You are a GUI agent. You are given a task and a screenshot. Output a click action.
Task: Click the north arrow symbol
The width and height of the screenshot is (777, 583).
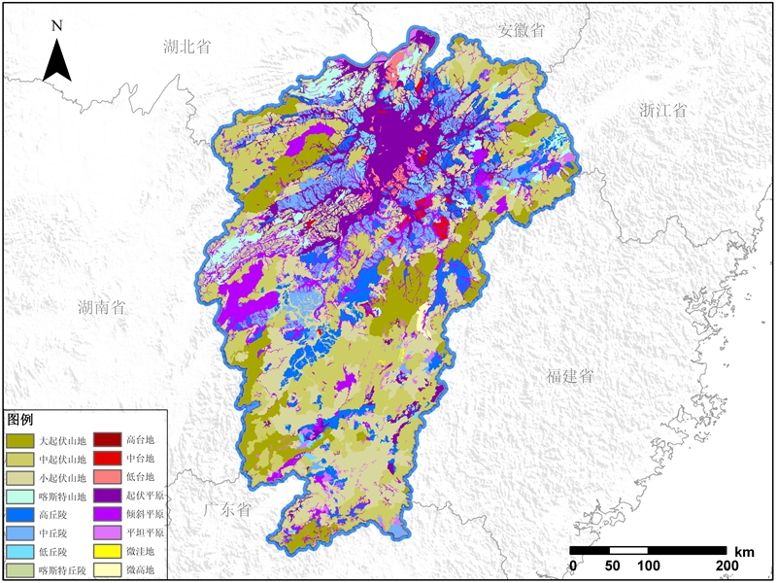click(57, 61)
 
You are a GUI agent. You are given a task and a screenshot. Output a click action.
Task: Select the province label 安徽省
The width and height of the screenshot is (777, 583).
click(522, 30)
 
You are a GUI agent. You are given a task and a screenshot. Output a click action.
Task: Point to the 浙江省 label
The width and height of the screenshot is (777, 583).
click(663, 110)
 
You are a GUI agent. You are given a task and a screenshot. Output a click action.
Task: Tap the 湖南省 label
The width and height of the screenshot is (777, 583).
click(103, 308)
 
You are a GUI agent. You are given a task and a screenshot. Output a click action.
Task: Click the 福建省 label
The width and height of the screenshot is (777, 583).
click(569, 376)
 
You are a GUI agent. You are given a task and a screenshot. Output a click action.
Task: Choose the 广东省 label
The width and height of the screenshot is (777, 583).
click(227, 509)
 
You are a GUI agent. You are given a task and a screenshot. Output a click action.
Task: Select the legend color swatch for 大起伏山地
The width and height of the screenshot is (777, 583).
click(20, 440)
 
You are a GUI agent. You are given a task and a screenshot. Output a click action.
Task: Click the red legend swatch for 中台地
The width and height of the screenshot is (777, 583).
click(108, 459)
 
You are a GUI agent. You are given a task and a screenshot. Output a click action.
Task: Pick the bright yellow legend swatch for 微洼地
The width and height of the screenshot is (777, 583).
click(108, 552)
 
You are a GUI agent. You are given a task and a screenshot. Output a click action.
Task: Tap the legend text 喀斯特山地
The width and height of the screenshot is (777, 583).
click(62, 497)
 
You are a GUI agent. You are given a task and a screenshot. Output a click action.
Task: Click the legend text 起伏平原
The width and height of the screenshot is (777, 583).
click(146, 497)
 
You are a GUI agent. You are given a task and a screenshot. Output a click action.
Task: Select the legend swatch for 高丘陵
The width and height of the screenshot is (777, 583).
click(20, 515)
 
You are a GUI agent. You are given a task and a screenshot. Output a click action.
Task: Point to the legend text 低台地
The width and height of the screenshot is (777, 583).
click(140, 477)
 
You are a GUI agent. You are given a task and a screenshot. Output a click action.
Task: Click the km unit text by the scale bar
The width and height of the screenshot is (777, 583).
click(744, 551)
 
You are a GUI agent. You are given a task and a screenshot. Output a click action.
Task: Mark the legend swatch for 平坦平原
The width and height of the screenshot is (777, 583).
click(108, 533)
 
